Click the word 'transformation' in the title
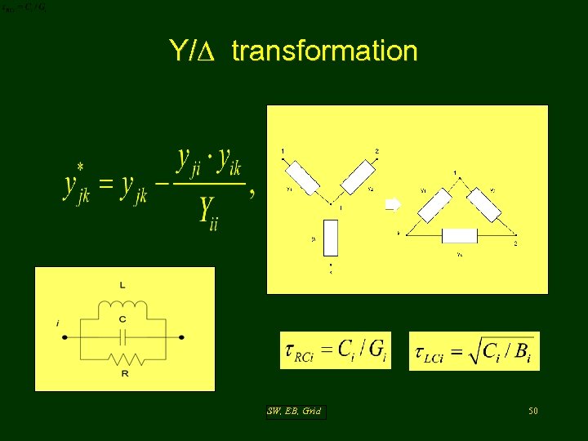click(324, 51)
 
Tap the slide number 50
click(532, 411)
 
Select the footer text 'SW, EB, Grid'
click(295, 412)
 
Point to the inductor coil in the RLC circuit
click(123, 307)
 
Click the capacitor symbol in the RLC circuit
click(122, 336)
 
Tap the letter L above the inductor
click(122, 286)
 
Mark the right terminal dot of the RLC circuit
click(181, 336)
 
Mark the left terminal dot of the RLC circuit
click(65, 336)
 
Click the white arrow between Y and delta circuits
click(393, 205)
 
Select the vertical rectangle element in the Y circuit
click(332, 237)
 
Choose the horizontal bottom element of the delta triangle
click(458, 236)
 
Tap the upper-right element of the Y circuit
click(357, 176)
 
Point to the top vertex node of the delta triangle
click(455, 180)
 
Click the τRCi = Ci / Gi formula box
click(336, 350)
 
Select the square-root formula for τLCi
click(474, 351)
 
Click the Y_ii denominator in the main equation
click(208, 216)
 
